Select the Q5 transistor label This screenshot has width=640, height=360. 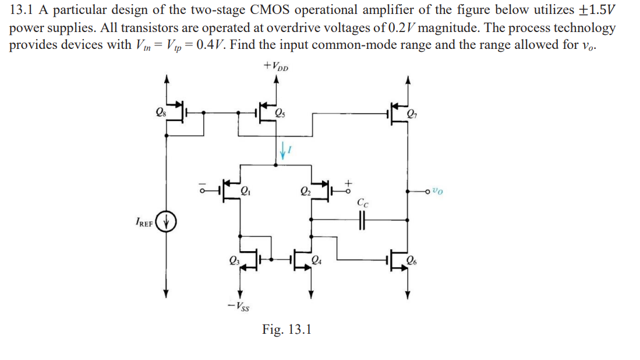[280, 112]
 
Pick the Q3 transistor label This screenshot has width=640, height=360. [234, 260]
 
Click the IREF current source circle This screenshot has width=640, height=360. [168, 222]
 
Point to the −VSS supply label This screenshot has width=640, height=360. [239, 306]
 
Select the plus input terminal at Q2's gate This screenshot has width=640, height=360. [348, 188]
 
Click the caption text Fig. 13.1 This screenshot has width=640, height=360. [287, 329]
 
